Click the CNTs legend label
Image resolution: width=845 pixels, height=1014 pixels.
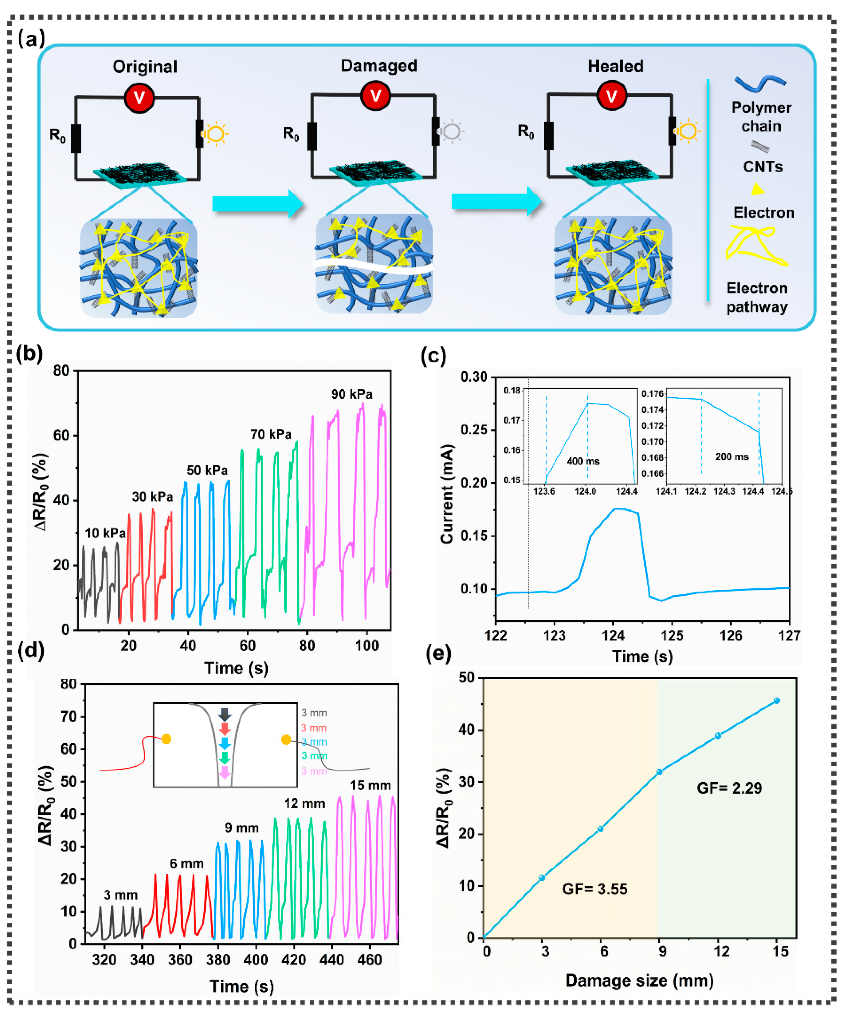coord(762,167)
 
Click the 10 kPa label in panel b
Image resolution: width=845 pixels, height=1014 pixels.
coord(105,533)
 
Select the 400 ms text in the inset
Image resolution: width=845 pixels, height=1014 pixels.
coord(583,461)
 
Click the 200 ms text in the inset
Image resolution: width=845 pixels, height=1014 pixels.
coord(732,456)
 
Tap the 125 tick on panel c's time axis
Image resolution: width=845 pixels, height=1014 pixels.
coord(672,636)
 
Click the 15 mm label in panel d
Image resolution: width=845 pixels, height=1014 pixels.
coord(370,786)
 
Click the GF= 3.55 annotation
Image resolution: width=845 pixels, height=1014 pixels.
coord(595,889)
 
